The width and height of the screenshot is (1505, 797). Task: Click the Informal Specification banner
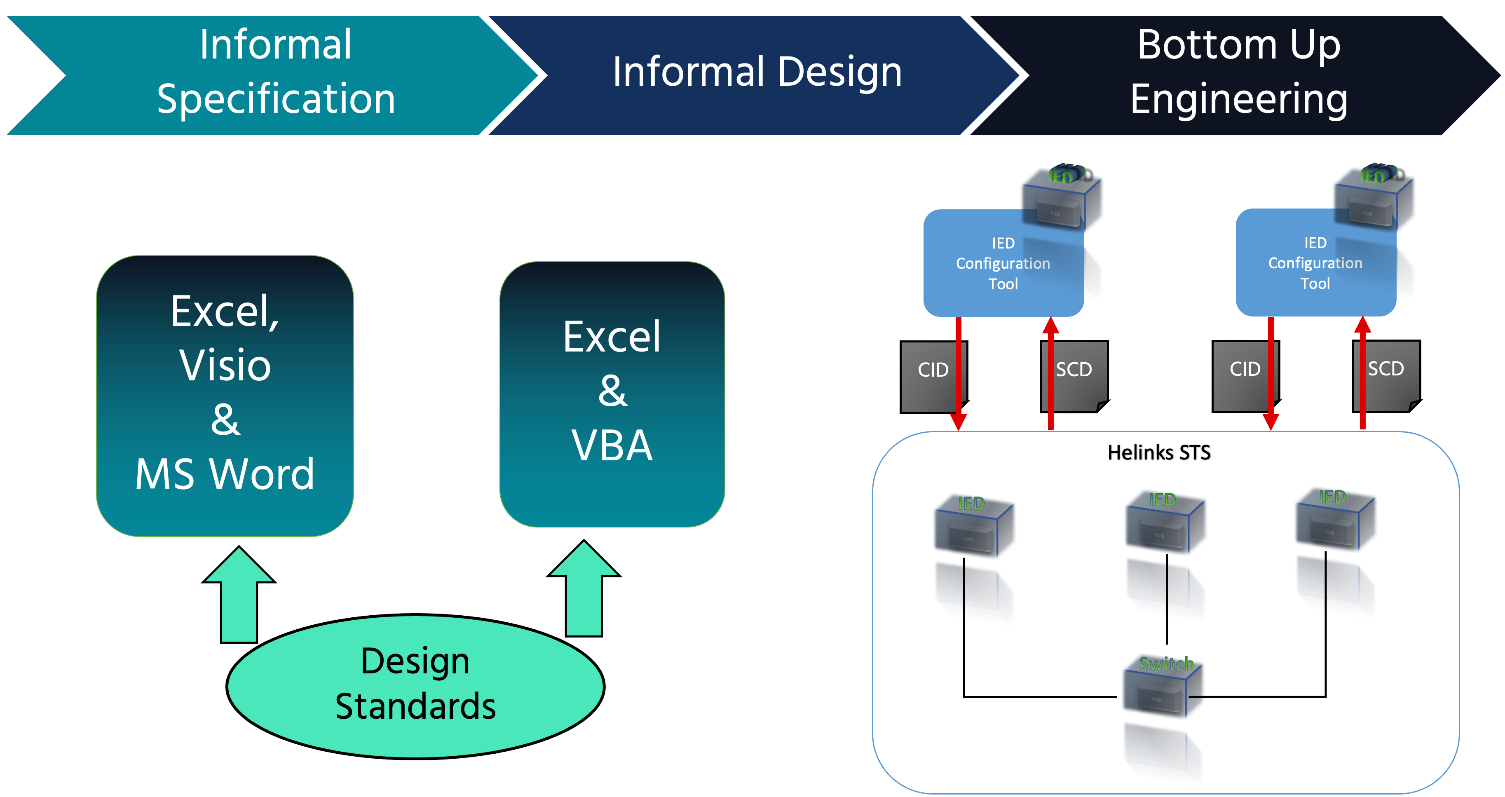274,73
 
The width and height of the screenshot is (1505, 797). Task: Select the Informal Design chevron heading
757,73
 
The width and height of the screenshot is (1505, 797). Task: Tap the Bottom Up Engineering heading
1239,73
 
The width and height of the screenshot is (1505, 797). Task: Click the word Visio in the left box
225,365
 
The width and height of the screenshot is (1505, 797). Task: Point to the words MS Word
225,473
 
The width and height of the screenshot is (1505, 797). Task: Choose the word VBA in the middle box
612,445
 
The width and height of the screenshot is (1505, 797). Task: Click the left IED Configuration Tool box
1003,263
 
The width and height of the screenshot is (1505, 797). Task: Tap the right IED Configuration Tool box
1315,263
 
